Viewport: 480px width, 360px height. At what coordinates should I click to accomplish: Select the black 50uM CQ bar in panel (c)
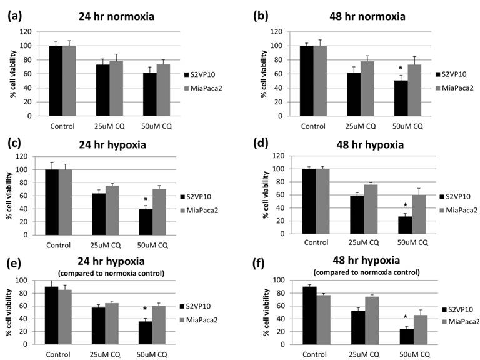pyautogui.click(x=146, y=227)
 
